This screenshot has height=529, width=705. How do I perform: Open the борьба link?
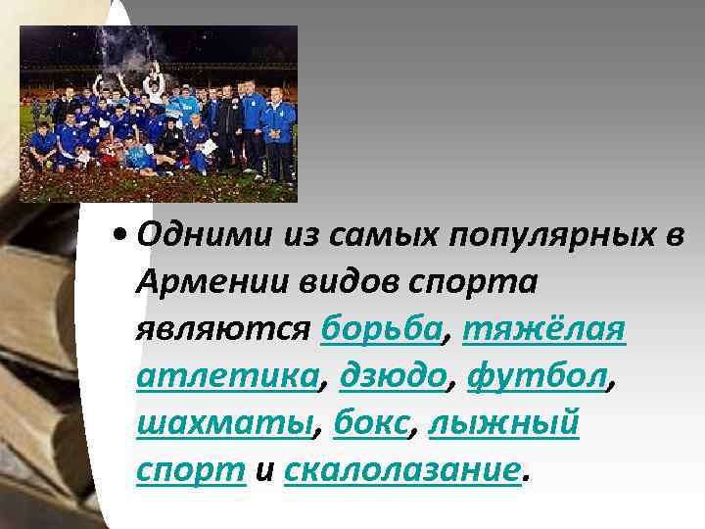point(380,329)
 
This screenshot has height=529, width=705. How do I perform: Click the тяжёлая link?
point(544,329)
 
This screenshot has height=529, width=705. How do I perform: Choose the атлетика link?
point(225,376)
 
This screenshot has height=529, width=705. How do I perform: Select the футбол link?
point(538,376)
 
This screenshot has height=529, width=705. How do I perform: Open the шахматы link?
point(225,423)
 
